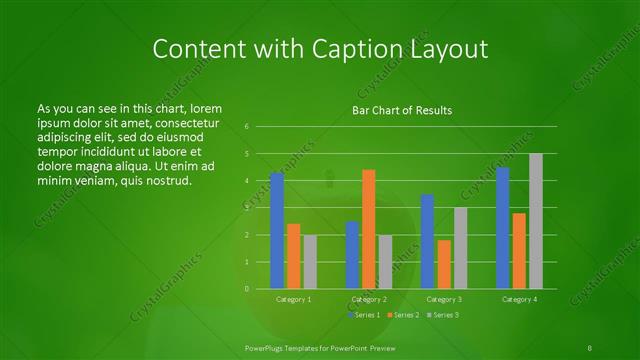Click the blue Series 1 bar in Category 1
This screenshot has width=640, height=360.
point(277,231)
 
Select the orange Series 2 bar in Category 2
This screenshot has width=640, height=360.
point(369,229)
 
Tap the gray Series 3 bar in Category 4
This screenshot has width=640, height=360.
point(536,221)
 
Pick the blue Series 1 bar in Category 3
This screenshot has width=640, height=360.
point(427,241)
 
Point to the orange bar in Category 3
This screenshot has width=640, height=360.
point(444,264)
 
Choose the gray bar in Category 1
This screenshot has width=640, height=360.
point(310,261)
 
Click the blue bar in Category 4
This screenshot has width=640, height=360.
point(503,228)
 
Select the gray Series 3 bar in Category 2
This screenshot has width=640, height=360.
point(386,261)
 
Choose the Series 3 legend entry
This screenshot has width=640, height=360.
point(443,315)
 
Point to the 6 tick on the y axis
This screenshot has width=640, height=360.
point(246,127)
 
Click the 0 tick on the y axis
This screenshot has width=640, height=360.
point(246,288)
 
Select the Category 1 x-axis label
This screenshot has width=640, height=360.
point(294,299)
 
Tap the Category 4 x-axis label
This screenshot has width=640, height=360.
point(519,299)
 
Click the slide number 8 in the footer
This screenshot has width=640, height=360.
point(590,347)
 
